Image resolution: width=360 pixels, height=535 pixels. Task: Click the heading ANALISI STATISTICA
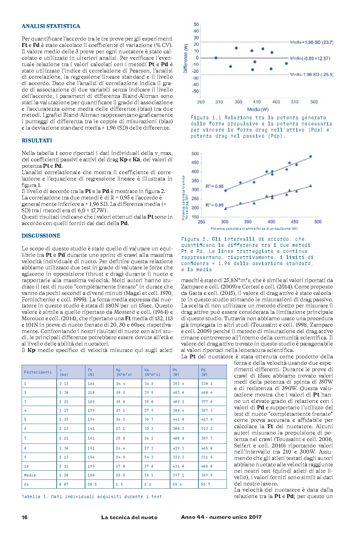[51, 26]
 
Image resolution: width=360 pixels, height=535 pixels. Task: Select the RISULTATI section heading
[37, 141]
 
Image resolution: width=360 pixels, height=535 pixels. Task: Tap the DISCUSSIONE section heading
[41, 236]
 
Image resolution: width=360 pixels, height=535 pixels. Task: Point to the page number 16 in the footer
[25, 517]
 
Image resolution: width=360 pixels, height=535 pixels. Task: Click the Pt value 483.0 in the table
[179, 393]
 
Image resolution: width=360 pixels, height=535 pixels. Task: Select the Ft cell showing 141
[91, 429]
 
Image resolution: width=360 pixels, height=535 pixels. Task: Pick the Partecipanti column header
[38, 372]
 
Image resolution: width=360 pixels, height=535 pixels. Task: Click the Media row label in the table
[30, 475]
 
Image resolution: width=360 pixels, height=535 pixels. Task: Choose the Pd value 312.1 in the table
[207, 429]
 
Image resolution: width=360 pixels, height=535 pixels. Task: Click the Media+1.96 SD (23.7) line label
[311, 42]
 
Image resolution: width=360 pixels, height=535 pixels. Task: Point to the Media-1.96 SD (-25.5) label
[311, 74]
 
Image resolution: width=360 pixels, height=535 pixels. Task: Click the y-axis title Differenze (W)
[185, 58]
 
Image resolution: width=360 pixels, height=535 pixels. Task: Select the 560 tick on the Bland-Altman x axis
[314, 102]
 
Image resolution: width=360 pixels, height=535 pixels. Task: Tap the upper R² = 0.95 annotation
[214, 186]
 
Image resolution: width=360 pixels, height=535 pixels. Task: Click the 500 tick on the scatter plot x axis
[318, 222]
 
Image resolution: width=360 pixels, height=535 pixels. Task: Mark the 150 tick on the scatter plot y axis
[195, 217]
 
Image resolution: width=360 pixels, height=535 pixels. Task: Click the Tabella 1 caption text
[93, 497]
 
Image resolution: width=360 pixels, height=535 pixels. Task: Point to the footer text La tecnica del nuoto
[129, 517]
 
